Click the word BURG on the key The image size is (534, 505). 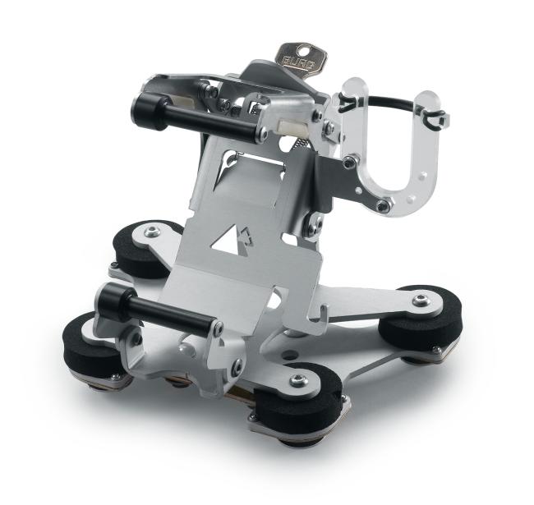tap(297, 60)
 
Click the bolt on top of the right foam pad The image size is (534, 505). tap(421, 301)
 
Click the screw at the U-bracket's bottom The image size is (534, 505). tap(382, 206)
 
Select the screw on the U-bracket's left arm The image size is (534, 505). tap(350, 162)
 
